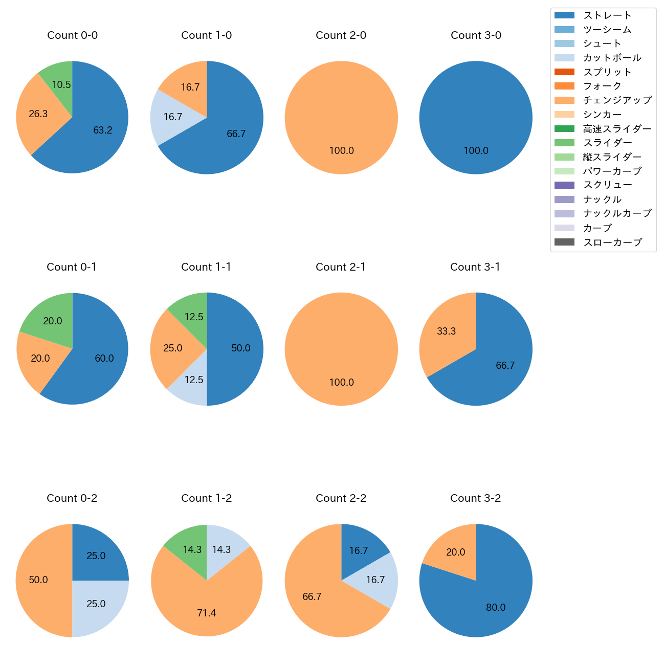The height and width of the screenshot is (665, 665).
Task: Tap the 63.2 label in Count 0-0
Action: click(103, 130)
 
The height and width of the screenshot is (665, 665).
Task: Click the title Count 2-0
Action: click(341, 35)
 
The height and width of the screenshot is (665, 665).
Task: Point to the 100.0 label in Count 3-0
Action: click(476, 151)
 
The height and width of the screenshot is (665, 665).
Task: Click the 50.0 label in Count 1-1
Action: click(241, 348)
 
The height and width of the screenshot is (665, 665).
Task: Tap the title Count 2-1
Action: click(341, 267)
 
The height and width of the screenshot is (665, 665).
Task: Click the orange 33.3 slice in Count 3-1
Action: click(445, 332)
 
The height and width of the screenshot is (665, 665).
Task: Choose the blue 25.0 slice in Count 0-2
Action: click(97, 555)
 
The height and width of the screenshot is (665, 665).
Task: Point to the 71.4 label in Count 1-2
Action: click(207, 613)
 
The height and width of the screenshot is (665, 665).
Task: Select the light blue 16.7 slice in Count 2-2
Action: click(376, 580)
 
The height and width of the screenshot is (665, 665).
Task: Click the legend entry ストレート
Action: click(607, 15)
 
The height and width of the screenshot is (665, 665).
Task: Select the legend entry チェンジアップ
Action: click(617, 100)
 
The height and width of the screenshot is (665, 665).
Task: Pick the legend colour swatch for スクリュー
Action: click(564, 185)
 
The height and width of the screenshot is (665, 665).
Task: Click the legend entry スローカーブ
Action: click(612, 242)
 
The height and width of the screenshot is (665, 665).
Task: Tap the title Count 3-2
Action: click(476, 498)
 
